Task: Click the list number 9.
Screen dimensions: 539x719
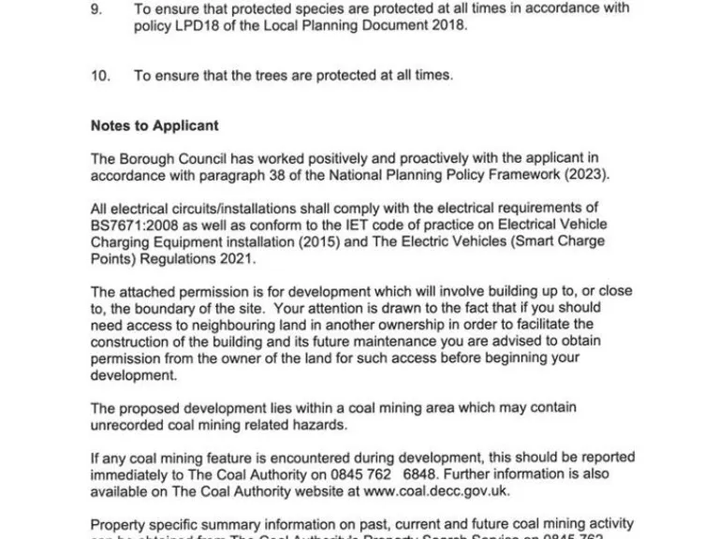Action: pos(95,8)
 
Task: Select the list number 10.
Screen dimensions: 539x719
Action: pos(99,76)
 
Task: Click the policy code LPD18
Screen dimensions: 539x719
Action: pos(197,26)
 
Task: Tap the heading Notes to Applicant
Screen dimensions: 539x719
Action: pos(154,125)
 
